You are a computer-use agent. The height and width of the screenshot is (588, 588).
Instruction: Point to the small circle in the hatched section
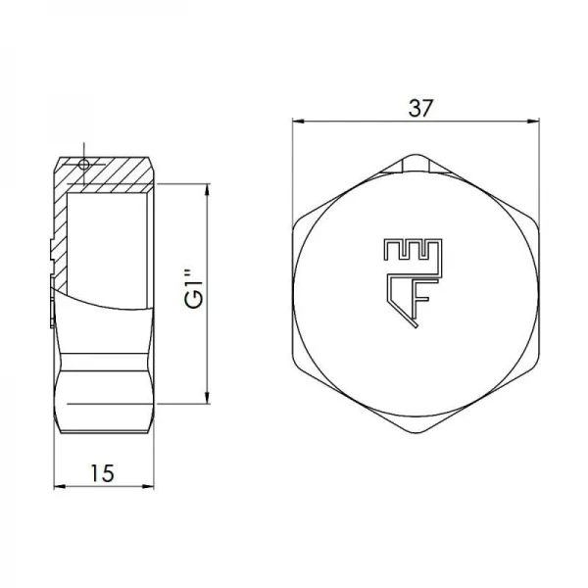(x=84, y=164)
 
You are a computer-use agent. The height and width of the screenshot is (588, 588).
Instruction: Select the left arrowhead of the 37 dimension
(x=298, y=122)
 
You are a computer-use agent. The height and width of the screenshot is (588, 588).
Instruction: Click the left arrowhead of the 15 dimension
(x=58, y=484)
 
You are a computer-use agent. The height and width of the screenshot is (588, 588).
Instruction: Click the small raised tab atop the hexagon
(x=418, y=162)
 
